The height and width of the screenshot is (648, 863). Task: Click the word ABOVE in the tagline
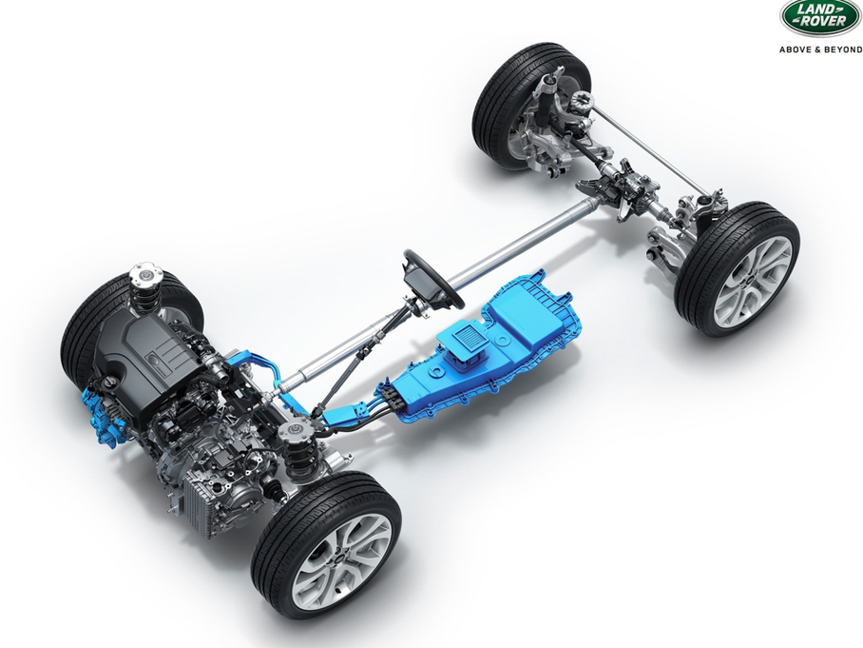[794, 49]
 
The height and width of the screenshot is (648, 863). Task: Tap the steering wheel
[433, 278]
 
